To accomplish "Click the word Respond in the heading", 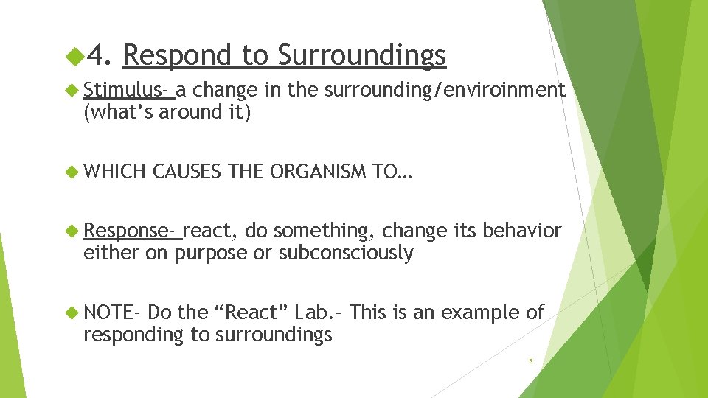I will (x=176, y=56).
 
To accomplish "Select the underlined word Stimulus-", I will (x=128, y=90).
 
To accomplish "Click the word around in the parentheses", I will (x=185, y=112).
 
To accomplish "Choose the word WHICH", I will (x=115, y=172).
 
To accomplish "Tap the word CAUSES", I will (x=187, y=172).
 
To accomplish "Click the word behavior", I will (x=521, y=231).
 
